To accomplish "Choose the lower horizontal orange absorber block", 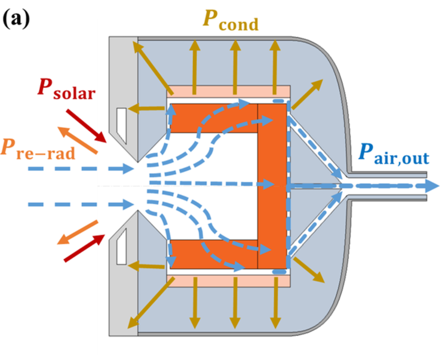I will coord(209,254).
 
